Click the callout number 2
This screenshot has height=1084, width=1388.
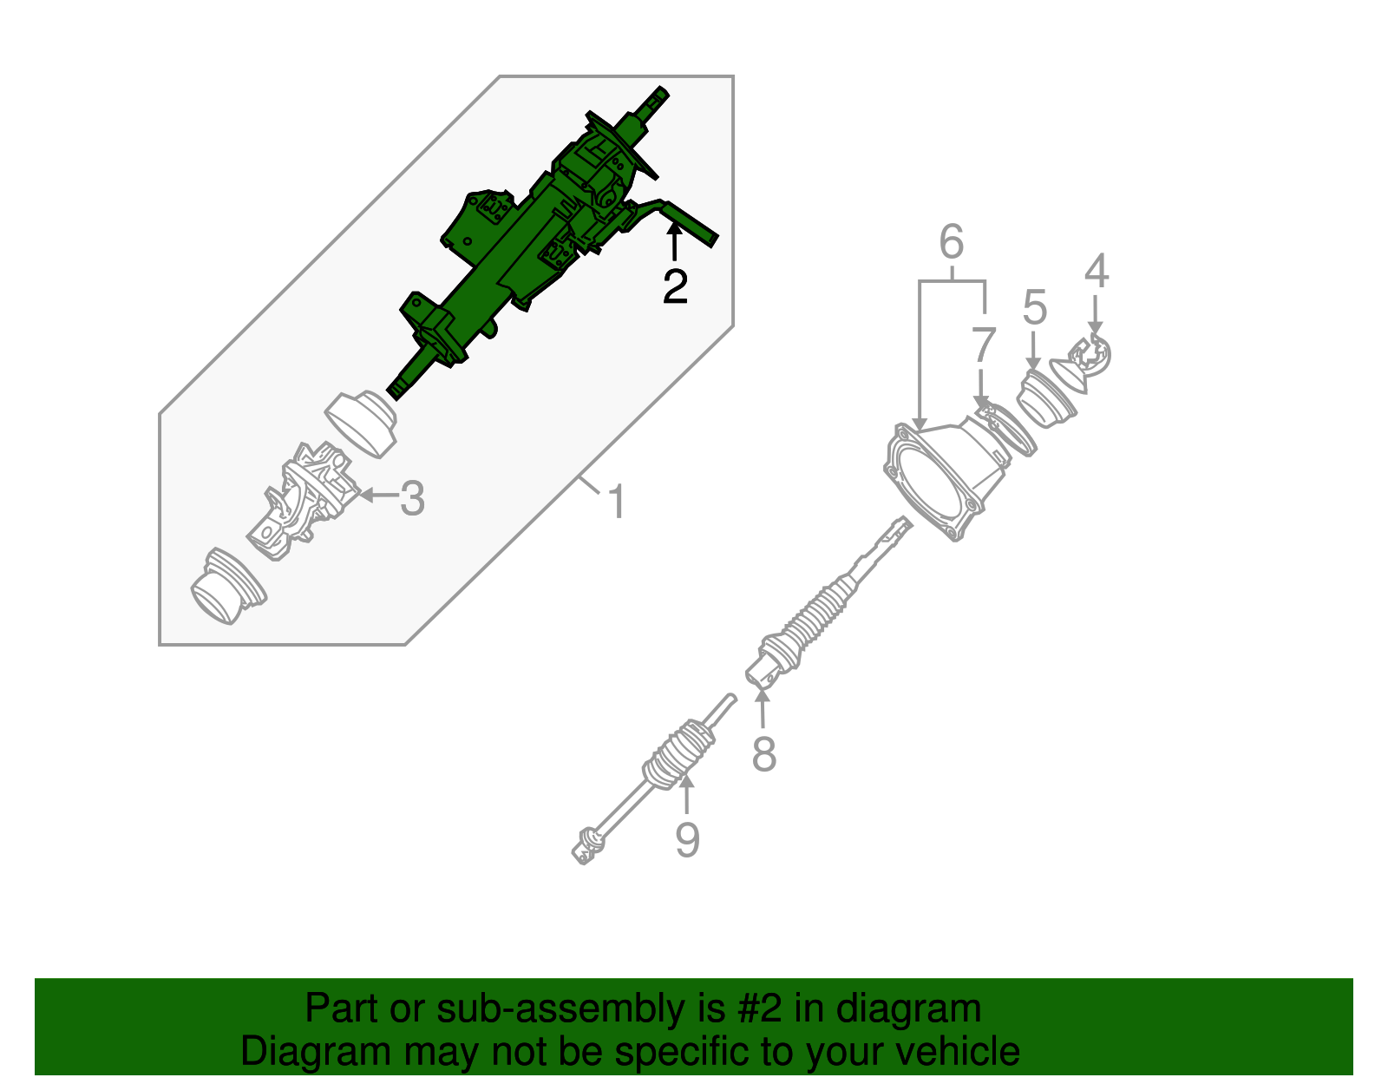675,286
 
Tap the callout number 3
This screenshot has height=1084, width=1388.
413,499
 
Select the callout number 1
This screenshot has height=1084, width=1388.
616,503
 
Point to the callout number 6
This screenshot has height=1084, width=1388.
952,242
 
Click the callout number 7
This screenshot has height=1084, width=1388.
982,345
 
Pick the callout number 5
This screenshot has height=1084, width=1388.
1034,308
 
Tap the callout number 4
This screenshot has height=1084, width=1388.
1097,271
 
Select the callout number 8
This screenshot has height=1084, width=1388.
763,753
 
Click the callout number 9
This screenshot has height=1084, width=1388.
687,840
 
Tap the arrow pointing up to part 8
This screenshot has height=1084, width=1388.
763,707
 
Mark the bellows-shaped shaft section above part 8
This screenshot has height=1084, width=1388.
820,612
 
